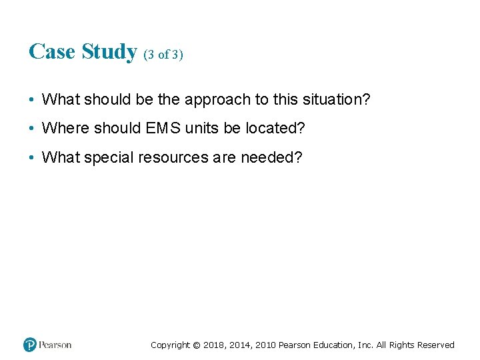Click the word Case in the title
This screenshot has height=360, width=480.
click(x=52, y=51)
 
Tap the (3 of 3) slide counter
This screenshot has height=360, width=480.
click(x=163, y=55)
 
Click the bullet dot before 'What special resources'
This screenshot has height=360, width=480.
click(x=32, y=158)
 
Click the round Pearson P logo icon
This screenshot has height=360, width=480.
click(x=30, y=345)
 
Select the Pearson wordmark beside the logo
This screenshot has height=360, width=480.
click(x=55, y=345)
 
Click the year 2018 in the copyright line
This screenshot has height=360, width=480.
click(x=213, y=345)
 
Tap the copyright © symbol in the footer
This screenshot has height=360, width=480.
click(x=195, y=345)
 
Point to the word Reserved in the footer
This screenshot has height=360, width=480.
click(x=435, y=345)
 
